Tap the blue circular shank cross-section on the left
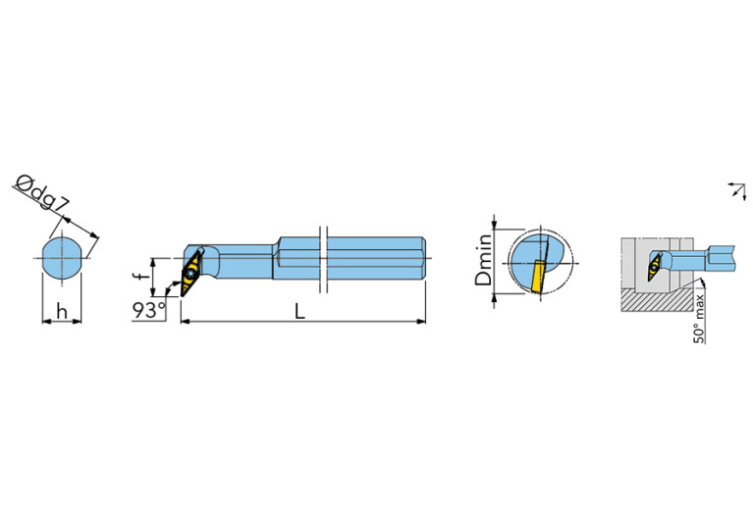(x=62, y=257)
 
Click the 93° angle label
(x=149, y=311)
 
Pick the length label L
(x=299, y=311)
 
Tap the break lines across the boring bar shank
(x=322, y=259)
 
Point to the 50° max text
(x=699, y=315)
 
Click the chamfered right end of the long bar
(x=423, y=259)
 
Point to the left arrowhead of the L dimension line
(x=186, y=321)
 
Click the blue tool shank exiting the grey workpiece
(x=717, y=258)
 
